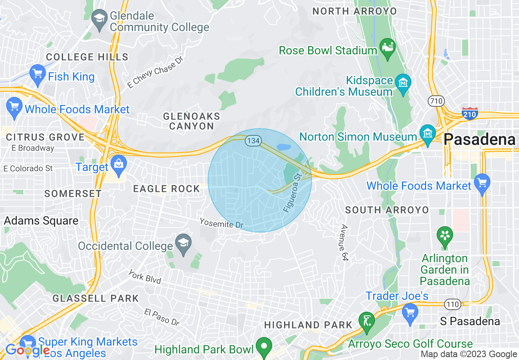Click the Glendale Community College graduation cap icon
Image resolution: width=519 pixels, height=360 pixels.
click(x=99, y=19)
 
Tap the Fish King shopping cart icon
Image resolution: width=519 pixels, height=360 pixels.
click(x=38, y=74)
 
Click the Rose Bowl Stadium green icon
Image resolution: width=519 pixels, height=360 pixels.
click(x=387, y=46)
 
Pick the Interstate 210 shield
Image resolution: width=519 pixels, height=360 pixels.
click(x=469, y=113)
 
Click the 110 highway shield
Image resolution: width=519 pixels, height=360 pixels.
click(x=452, y=304)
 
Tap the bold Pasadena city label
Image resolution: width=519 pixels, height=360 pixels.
click(x=479, y=139)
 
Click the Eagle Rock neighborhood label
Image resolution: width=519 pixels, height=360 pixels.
click(x=167, y=189)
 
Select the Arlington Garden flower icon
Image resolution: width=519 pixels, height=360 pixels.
click(x=444, y=236)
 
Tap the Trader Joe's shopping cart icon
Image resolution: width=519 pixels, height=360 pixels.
click(x=410, y=313)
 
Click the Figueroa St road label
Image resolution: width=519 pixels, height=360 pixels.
click(x=292, y=192)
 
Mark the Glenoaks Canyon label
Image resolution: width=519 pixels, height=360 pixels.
click(x=192, y=121)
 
